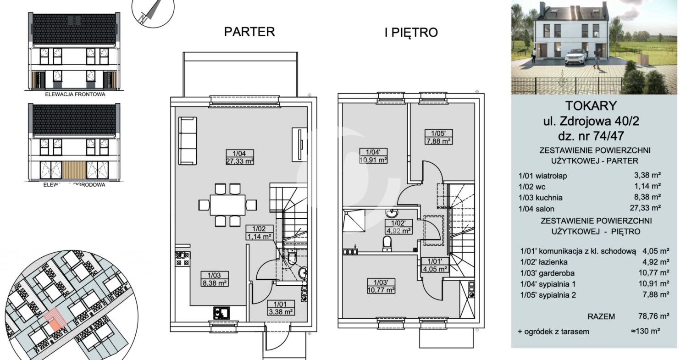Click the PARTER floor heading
point(249,32)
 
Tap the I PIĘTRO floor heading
point(411,33)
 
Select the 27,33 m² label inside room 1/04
point(239,161)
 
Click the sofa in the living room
point(188,141)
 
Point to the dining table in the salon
point(227,205)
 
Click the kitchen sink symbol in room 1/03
point(221,313)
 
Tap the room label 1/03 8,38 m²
point(214,279)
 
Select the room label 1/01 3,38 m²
point(280,308)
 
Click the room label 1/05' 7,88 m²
point(438,137)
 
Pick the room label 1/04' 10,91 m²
point(373,156)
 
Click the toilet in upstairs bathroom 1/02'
point(387,244)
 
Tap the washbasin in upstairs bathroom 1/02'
point(392,213)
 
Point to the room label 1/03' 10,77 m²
point(381,286)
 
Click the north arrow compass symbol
point(153,12)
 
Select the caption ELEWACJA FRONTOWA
point(75,94)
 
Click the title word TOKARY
point(591,106)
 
